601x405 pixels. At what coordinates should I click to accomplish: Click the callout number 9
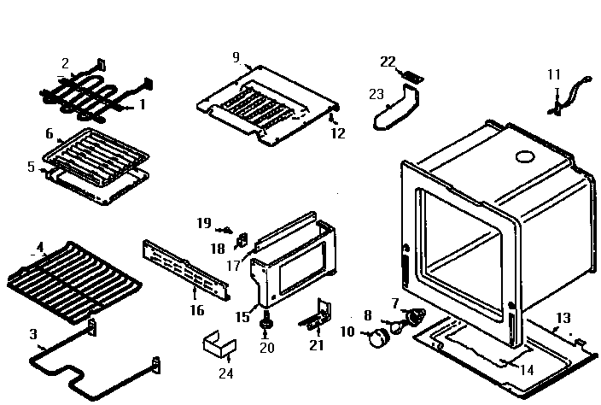click(x=236, y=57)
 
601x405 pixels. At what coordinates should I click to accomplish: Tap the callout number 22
click(x=388, y=62)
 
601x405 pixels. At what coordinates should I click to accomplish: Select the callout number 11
click(x=554, y=74)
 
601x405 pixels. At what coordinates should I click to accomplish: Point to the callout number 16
click(x=197, y=310)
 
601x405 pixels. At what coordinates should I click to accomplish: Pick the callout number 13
click(x=563, y=318)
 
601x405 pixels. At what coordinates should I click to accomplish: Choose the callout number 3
click(x=33, y=333)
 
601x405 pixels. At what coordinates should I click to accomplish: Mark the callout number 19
click(x=203, y=223)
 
